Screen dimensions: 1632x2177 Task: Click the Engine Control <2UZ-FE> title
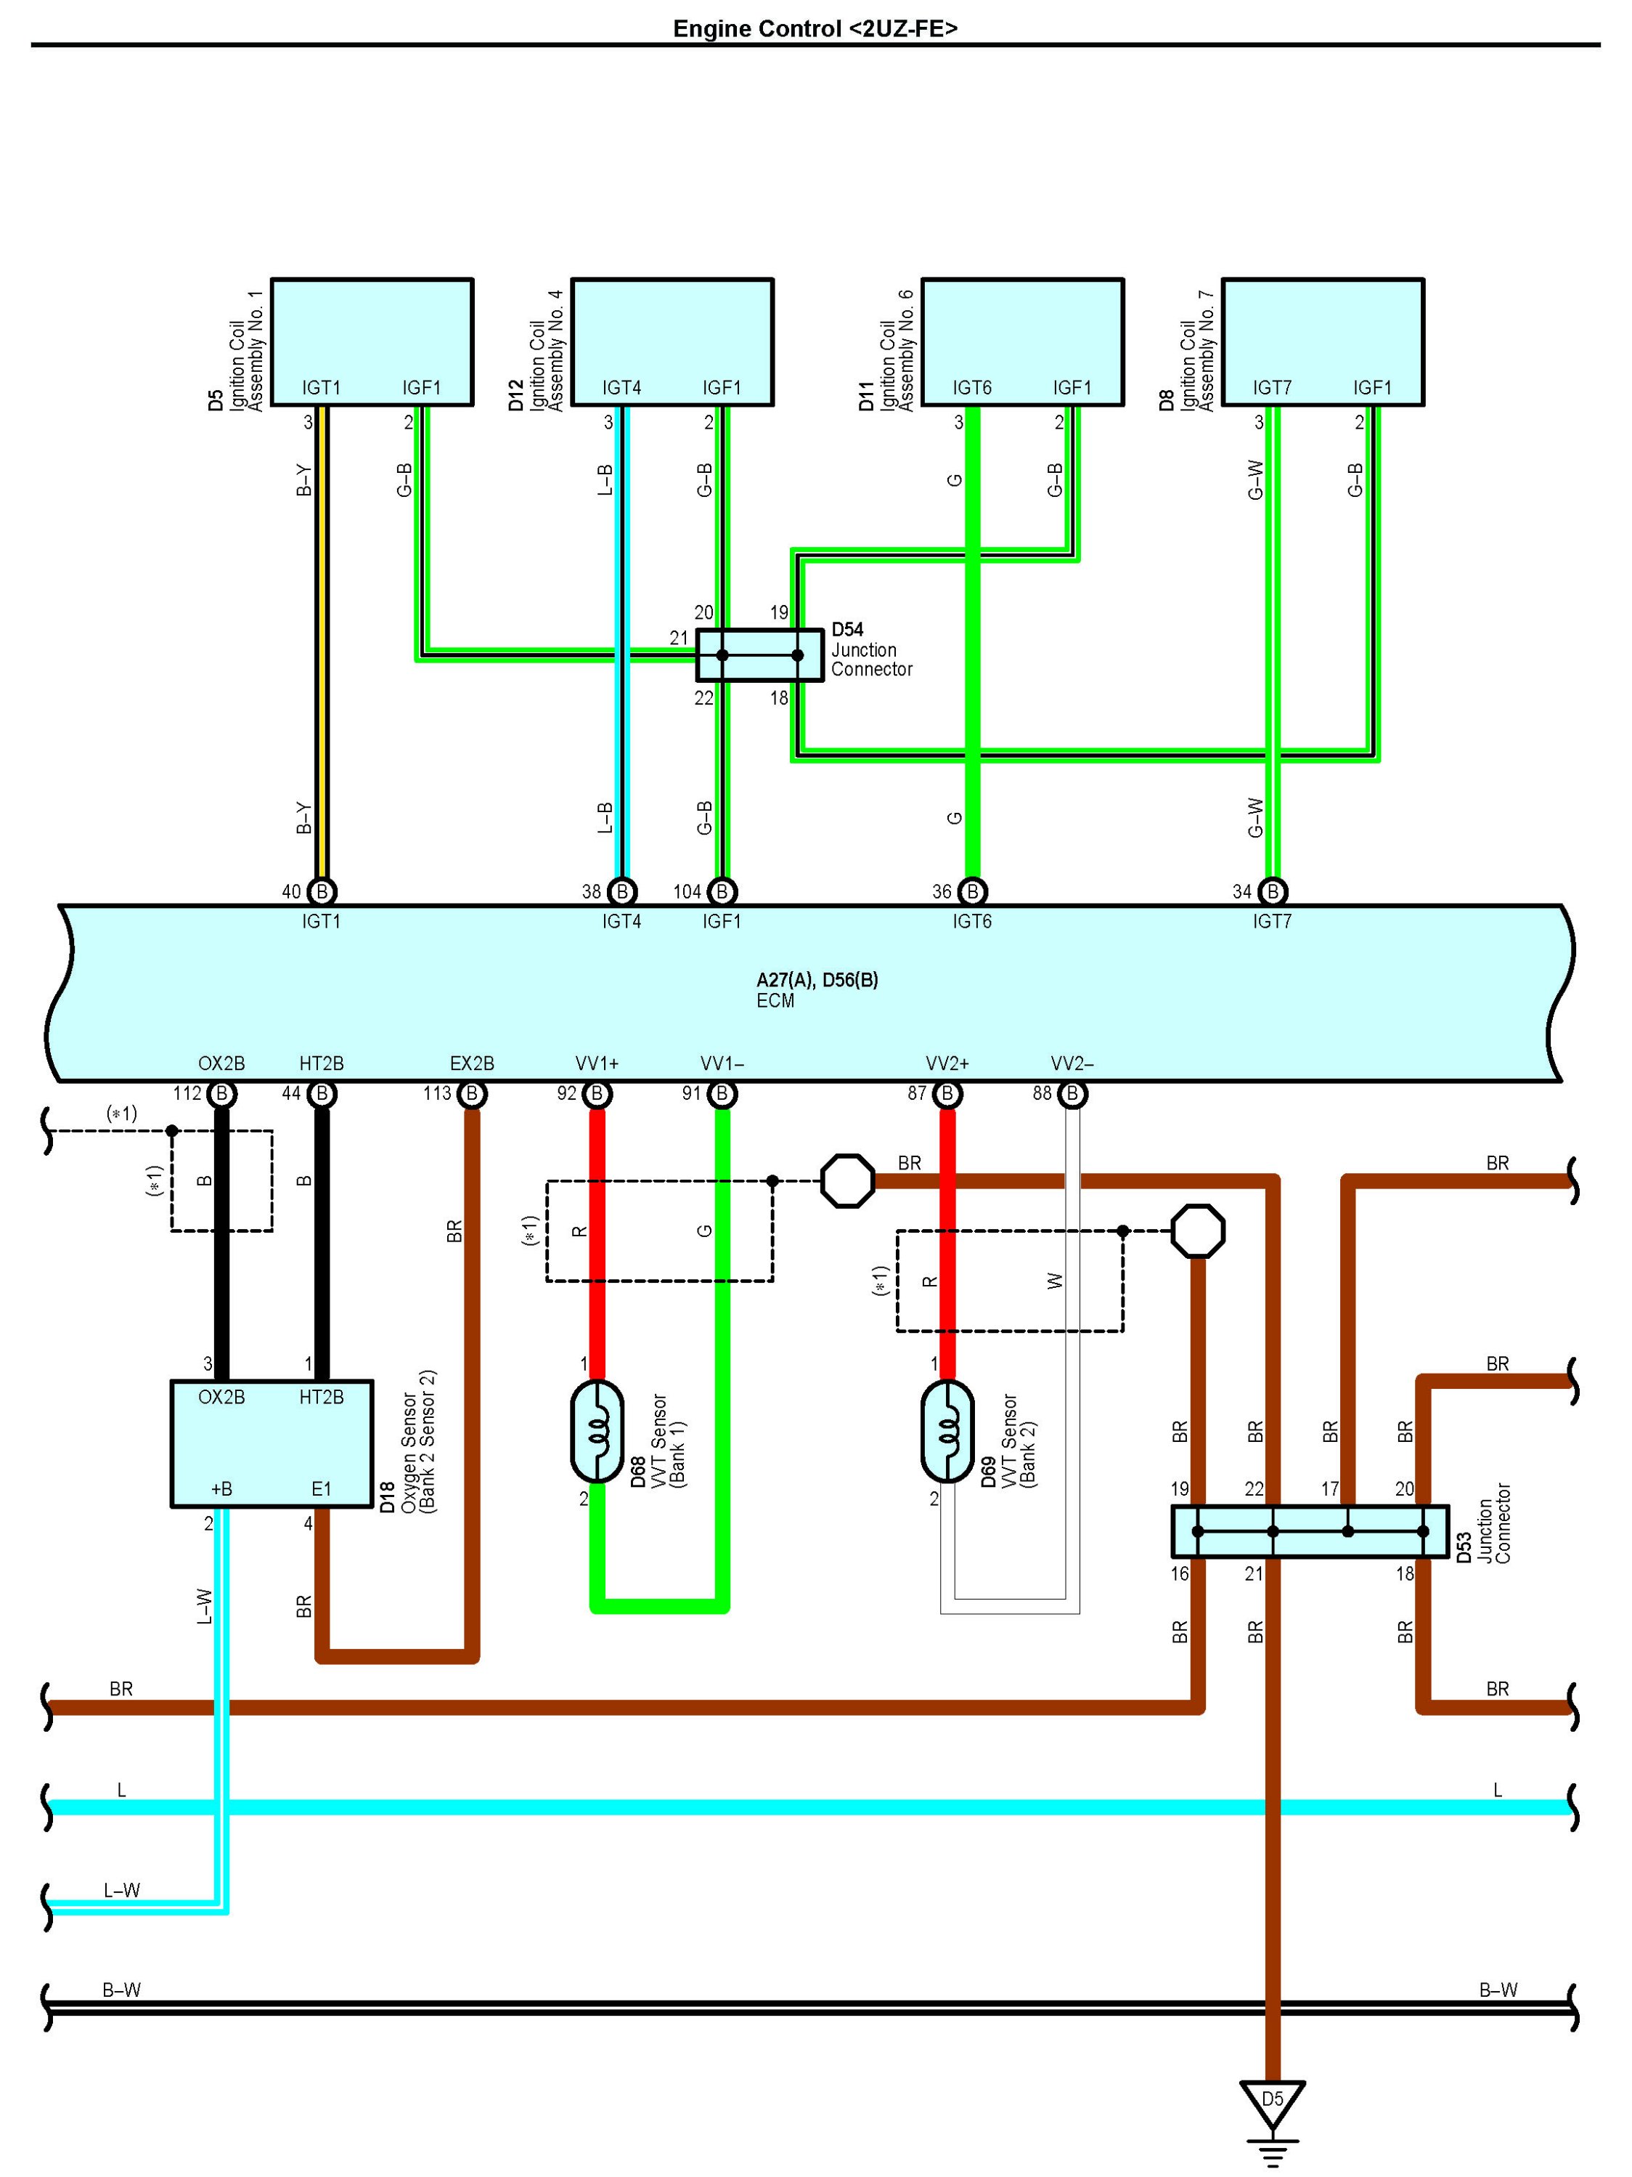coord(815,28)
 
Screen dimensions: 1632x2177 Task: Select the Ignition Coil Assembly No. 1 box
coord(372,341)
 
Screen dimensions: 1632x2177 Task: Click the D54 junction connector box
coord(759,655)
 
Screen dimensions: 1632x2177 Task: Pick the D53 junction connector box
coord(1310,1531)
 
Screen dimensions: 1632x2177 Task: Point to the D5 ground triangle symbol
coord(1272,2105)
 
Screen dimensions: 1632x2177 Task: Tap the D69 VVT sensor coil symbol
coord(947,1432)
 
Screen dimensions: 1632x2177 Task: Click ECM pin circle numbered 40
coord(322,892)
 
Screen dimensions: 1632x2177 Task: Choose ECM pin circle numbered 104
coord(722,892)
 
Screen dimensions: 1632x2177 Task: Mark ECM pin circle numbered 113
coord(472,1093)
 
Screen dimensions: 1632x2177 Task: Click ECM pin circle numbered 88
coord(1072,1093)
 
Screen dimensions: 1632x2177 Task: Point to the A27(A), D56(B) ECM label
coord(817,980)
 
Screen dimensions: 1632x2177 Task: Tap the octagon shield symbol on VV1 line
coord(847,1181)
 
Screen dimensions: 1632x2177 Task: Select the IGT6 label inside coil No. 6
coord(972,388)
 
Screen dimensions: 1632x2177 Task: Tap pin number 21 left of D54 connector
coord(679,638)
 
